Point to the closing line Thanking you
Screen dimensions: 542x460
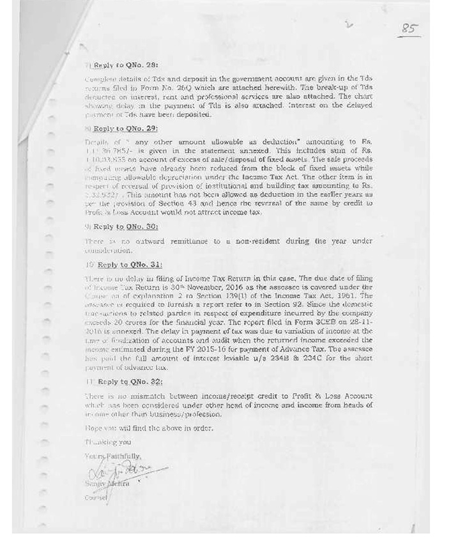click(x=105, y=442)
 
